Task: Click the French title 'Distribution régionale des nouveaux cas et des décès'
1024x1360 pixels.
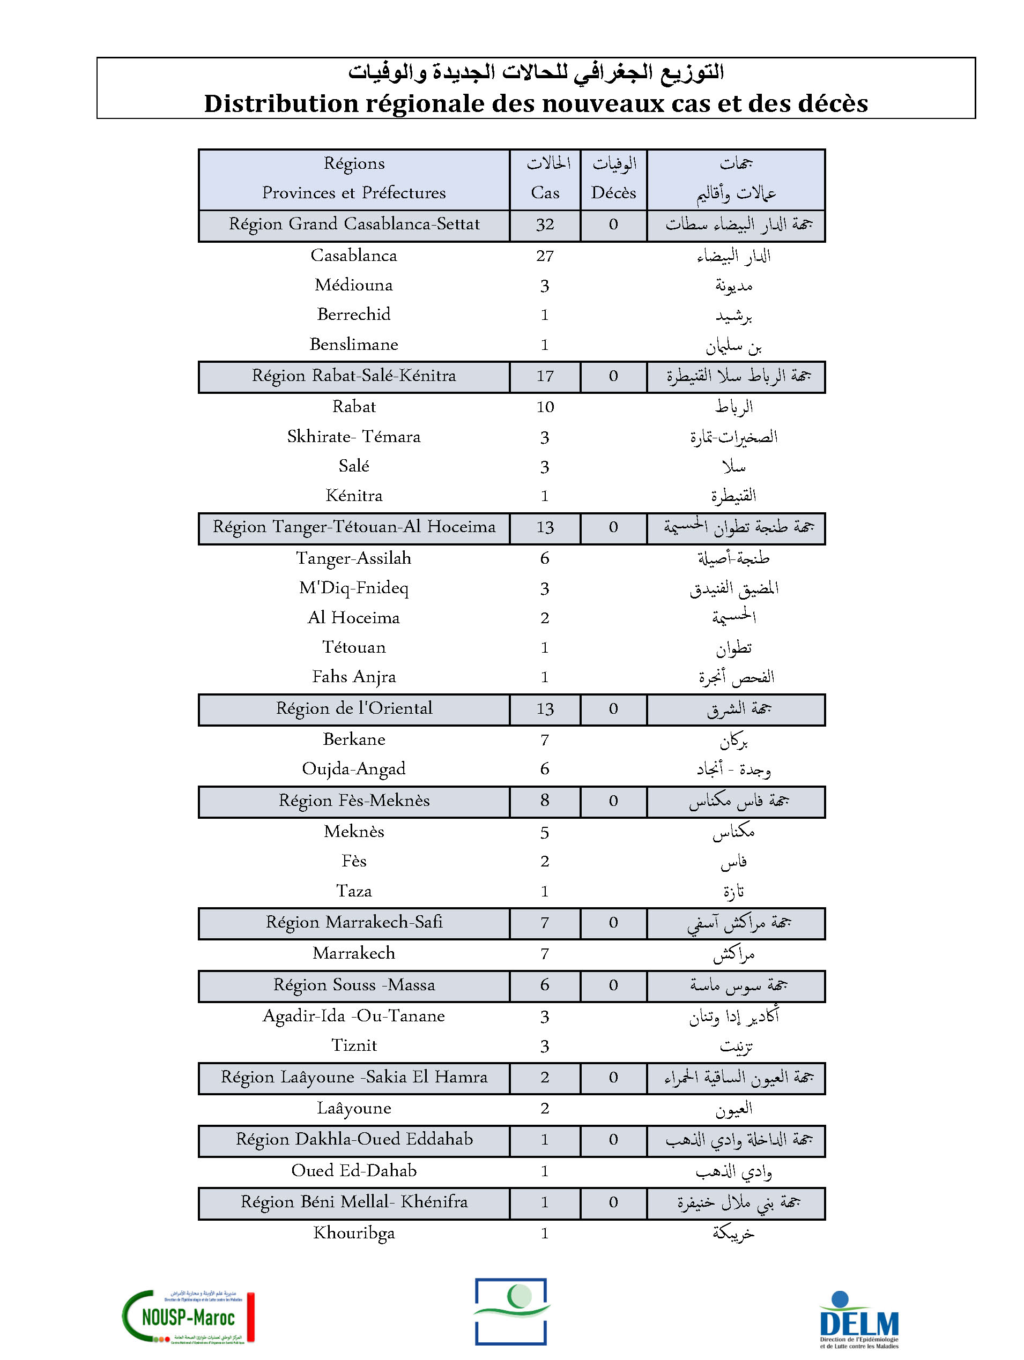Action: (536, 103)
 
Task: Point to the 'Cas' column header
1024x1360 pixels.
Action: (545, 192)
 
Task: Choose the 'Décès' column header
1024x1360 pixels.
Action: (613, 192)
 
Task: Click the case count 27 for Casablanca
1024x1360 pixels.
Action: (545, 256)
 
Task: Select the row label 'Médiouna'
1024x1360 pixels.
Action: (354, 285)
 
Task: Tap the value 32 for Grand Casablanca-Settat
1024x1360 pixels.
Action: (545, 225)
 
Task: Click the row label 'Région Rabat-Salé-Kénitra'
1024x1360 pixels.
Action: (354, 376)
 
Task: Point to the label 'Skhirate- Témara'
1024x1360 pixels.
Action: (354, 437)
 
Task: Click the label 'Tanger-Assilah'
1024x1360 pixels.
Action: (354, 558)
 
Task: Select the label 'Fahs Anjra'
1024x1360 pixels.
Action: (354, 677)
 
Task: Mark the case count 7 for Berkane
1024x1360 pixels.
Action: (545, 739)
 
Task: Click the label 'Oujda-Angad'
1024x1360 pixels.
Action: (354, 769)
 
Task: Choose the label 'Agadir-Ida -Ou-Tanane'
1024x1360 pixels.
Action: (354, 1015)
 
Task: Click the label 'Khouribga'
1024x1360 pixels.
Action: (354, 1232)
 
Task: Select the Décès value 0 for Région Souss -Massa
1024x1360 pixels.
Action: (613, 985)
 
